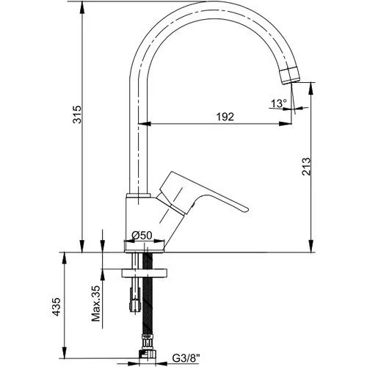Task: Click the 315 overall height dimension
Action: click(77, 115)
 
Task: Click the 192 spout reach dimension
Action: click(225, 117)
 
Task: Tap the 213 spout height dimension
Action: click(306, 167)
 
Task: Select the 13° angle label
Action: click(279, 103)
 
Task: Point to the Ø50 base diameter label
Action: click(142, 236)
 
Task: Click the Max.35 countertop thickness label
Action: click(96, 303)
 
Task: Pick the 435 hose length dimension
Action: click(57, 307)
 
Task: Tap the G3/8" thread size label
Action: click(186, 359)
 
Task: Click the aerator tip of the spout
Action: click(290, 76)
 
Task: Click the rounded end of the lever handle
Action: click(245, 209)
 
